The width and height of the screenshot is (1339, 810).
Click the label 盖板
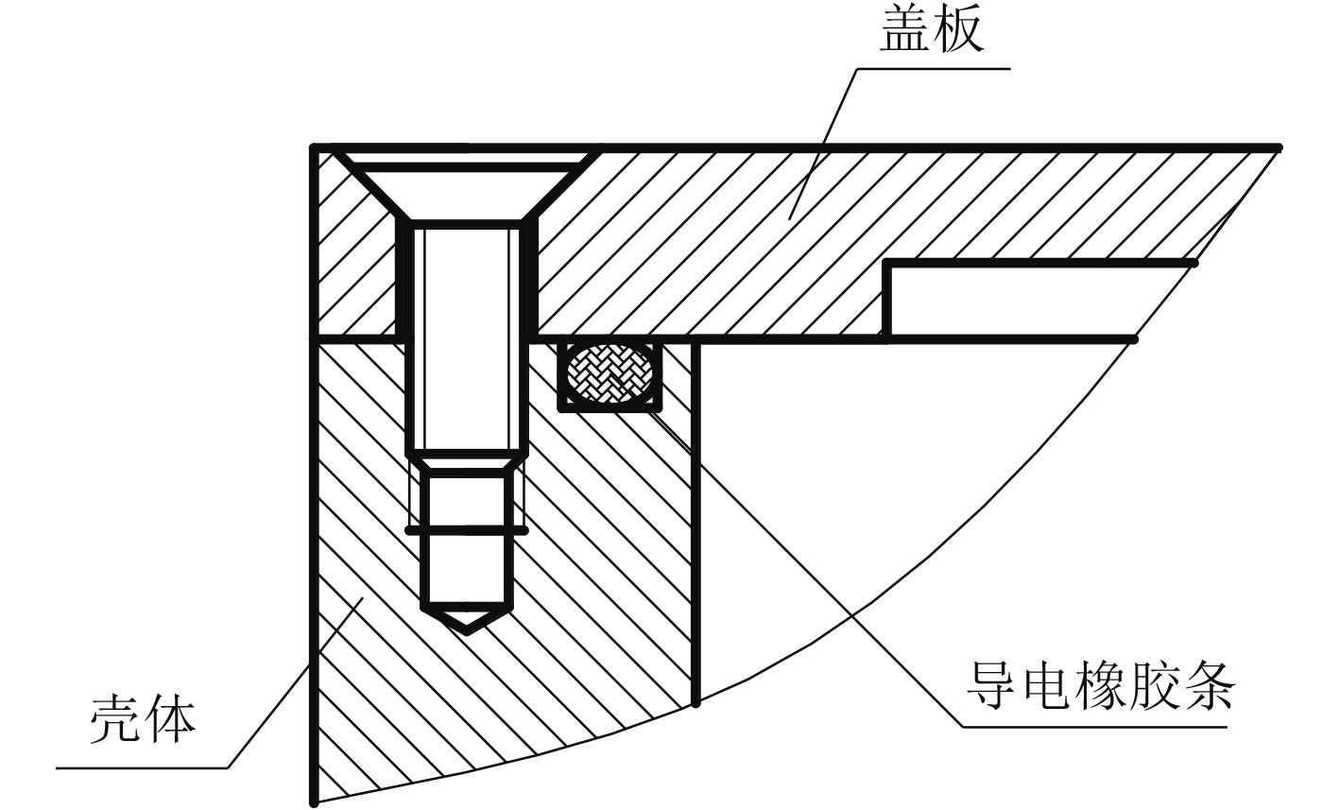tap(931, 32)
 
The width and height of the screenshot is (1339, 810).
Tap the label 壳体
tap(143, 720)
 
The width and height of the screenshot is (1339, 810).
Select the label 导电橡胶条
tap(1098, 687)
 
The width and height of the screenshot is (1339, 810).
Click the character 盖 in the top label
tap(903, 32)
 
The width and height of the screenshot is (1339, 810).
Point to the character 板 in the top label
tap(959, 32)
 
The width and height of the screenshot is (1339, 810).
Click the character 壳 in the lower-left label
tap(115, 720)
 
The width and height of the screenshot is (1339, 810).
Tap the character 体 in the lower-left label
tap(171, 720)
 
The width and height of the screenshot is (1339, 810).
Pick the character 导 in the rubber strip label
tap(989, 687)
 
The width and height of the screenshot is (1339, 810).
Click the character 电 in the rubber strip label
tap(1043, 687)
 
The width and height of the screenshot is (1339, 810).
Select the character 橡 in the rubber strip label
tap(1098, 687)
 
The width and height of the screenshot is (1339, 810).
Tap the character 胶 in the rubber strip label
tap(1153, 687)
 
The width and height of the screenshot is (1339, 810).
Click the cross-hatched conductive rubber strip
tap(609, 375)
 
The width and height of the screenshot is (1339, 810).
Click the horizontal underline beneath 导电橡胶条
tap(1096, 727)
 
